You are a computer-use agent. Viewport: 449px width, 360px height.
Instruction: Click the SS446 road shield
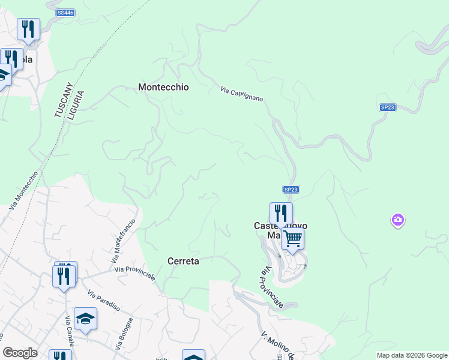65,13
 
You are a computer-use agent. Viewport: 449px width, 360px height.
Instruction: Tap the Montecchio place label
163,87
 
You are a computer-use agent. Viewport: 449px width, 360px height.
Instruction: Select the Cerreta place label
182,262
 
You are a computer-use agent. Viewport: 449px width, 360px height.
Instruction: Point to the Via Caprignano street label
241,92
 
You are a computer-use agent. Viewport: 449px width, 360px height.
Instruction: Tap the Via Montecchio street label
24,190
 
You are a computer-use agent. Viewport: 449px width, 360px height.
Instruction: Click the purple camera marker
397,220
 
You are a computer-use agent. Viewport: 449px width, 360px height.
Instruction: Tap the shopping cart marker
292,238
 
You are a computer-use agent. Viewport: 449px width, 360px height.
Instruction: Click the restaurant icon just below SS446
28,29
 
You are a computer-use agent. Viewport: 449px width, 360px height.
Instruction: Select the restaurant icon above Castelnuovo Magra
280,212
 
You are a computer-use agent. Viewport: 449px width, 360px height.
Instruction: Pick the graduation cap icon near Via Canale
85,319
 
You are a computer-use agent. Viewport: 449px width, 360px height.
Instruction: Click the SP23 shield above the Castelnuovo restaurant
291,189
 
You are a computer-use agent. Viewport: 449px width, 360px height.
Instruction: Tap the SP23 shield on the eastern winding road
387,107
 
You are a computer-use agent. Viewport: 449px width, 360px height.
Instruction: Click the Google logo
20,353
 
